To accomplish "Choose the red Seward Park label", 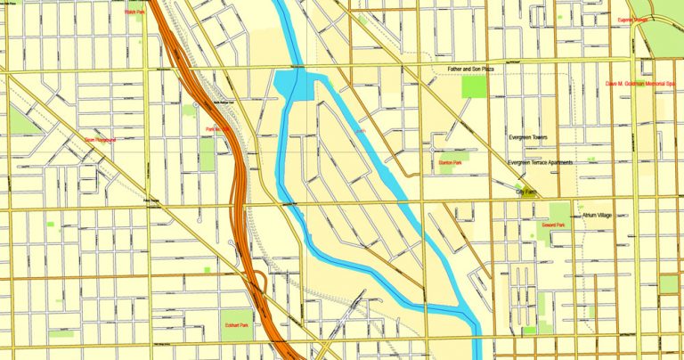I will click(x=553, y=225).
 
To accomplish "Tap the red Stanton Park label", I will click(x=450, y=163).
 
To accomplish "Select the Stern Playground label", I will click(x=100, y=140).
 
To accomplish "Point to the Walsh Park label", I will click(x=134, y=12).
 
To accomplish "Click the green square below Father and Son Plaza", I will click(x=474, y=86).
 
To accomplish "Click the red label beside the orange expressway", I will click(x=218, y=130).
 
